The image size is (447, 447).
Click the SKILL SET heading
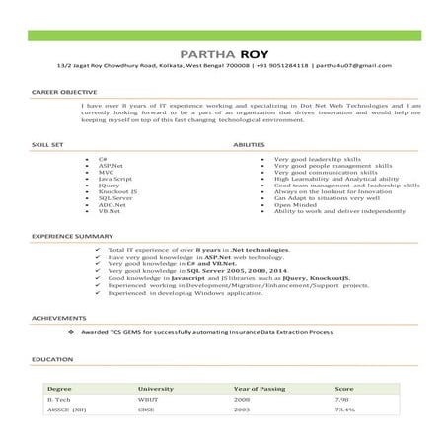[x=47, y=144]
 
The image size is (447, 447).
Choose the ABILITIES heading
[x=248, y=144]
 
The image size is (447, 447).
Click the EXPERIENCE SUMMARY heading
[x=65, y=238]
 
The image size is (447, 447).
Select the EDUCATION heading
[x=47, y=360]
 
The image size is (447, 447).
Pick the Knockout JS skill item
[x=117, y=188]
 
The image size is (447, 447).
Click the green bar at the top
[x=223, y=36]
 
